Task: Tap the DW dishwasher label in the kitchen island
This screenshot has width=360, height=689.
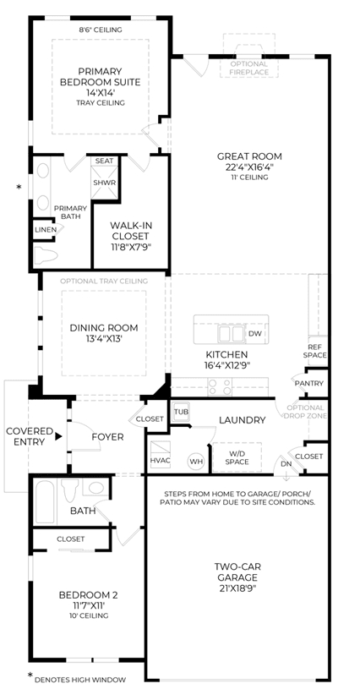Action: coord(254,334)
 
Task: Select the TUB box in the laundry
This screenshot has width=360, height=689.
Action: coord(181,412)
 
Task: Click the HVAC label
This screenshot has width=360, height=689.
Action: coord(160,461)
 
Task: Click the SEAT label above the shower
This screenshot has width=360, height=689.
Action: coord(105,161)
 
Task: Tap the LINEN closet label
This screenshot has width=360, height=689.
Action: coord(46,230)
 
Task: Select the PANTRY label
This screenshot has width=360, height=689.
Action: coord(309,383)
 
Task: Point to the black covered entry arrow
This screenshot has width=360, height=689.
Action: coord(58,437)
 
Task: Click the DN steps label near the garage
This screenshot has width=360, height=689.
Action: coord(286,463)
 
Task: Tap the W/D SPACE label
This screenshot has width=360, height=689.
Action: coord(237,457)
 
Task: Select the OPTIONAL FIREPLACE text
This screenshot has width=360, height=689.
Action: coord(249,68)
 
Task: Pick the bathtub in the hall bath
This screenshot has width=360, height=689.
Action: coord(45,502)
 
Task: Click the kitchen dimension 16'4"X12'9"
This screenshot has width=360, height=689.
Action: coord(227,364)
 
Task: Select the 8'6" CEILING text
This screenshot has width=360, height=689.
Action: coord(100,30)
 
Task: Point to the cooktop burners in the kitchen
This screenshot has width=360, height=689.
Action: coord(220,386)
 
